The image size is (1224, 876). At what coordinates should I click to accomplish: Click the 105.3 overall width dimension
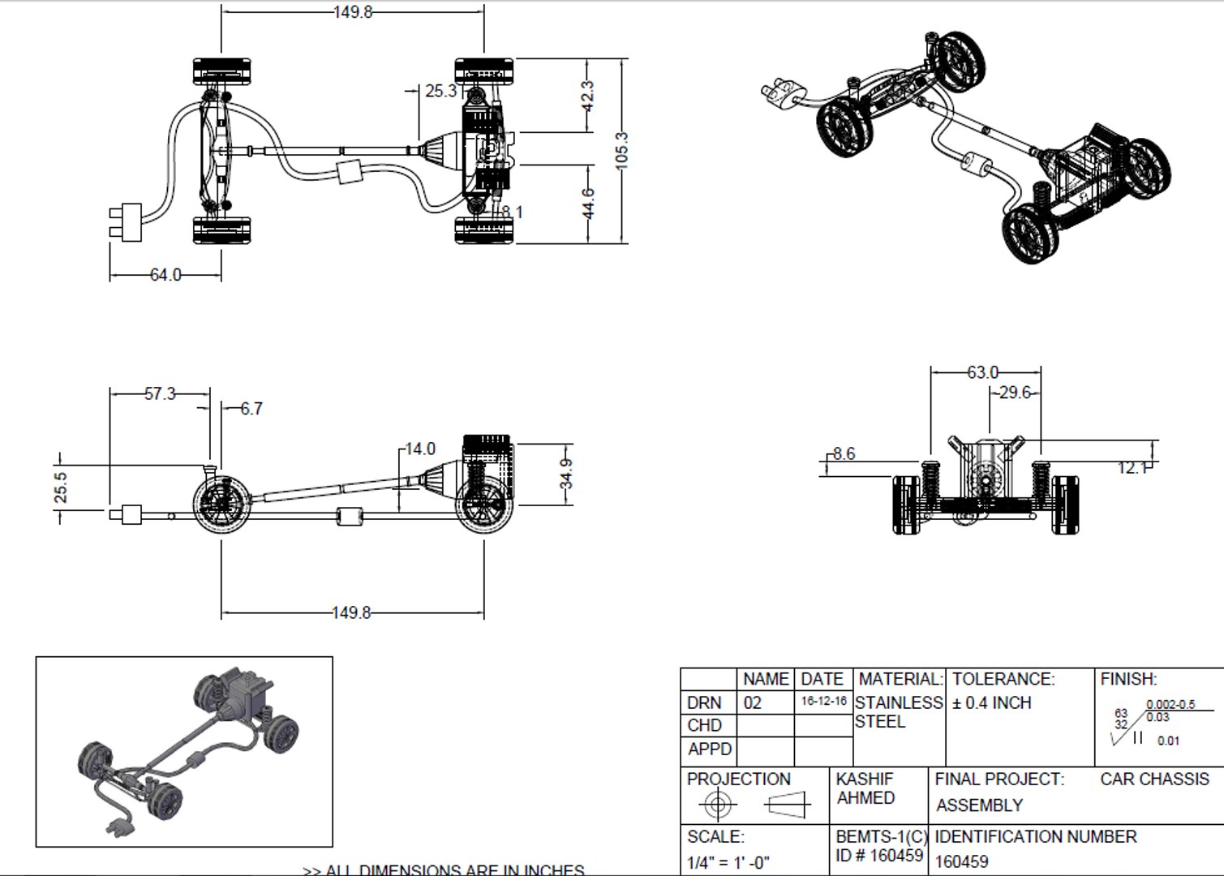pos(622,149)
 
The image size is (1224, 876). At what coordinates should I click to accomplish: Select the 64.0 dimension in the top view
pos(165,275)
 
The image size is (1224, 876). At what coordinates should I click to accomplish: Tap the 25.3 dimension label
pos(441,91)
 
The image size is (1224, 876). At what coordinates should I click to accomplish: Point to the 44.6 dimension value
pos(589,203)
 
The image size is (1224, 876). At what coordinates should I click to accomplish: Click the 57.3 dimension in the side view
pos(160,393)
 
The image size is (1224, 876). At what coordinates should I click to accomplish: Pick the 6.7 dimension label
pos(251,409)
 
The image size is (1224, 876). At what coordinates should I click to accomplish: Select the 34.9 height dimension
pos(566,474)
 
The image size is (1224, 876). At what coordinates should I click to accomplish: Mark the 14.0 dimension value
pos(420,449)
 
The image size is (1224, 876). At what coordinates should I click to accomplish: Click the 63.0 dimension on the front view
pos(982,372)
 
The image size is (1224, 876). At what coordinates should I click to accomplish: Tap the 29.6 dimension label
pos(1015,393)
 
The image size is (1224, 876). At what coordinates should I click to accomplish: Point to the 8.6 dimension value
pos(844,453)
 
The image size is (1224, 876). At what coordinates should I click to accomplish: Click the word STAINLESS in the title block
pos(899,702)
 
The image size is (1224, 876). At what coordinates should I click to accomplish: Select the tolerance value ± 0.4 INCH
pos(991,702)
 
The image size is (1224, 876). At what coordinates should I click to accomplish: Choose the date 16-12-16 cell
pos(823,702)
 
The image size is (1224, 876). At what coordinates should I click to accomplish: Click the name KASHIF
pos(865,779)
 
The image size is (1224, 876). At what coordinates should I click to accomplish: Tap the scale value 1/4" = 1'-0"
pos(728,862)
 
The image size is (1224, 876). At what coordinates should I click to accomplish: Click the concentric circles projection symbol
pos(717,805)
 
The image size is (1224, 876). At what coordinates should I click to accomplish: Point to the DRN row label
pos(703,702)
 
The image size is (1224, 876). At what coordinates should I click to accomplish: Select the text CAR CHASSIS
pos(1154,779)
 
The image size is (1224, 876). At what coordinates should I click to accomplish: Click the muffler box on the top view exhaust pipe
pos(350,172)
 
